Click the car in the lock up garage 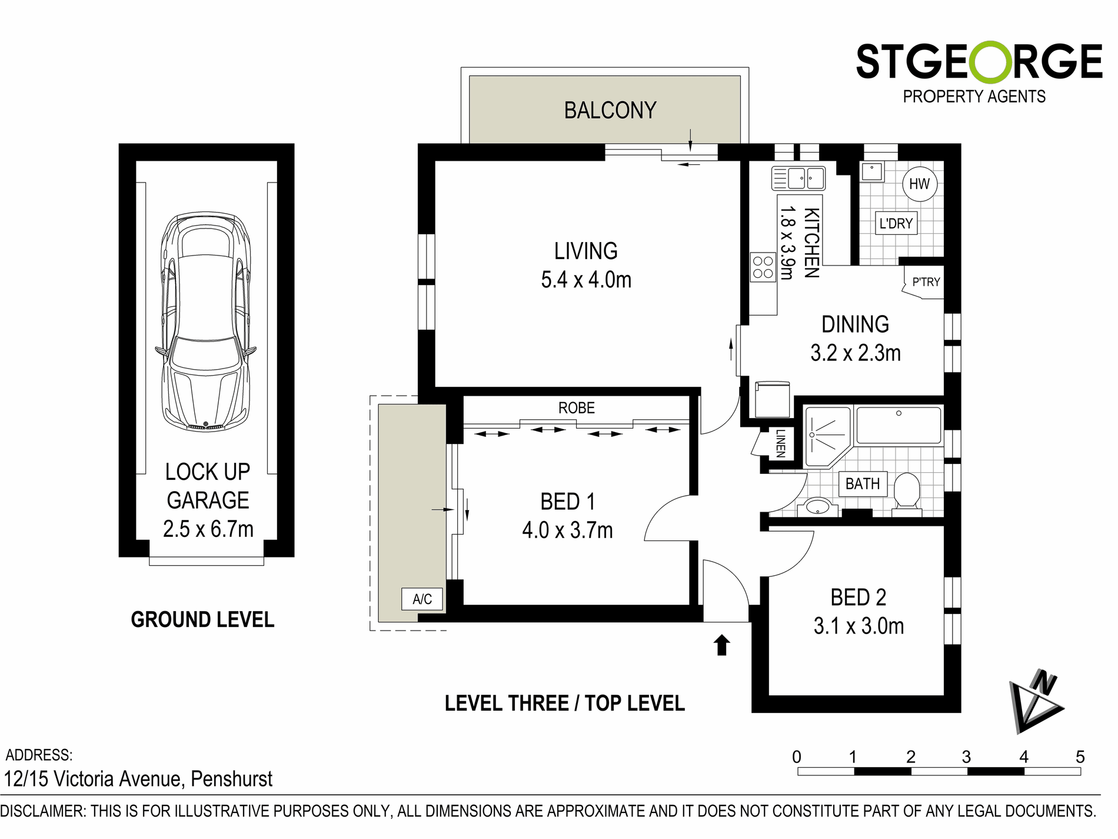pos(205,321)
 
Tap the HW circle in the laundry pos(919,184)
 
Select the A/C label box pos(422,599)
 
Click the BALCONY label pos(610,111)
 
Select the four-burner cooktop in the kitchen pos(763,267)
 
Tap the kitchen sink pos(798,178)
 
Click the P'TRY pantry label pos(926,283)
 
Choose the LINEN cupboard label pos(780,443)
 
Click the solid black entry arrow pos(722,645)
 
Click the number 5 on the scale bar pos(1080,757)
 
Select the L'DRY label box pos(896,224)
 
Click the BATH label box pos(863,484)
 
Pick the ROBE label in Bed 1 pos(576,408)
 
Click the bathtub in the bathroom pos(899,425)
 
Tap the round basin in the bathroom pos(817,506)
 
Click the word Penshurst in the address pos(232,780)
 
